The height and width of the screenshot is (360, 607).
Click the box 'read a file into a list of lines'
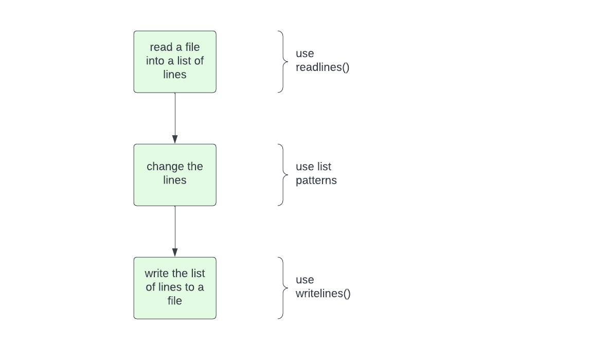(x=175, y=62)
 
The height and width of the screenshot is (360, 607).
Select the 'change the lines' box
(x=175, y=175)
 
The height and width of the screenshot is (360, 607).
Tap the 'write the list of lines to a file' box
(x=175, y=288)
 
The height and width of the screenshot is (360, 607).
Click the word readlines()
(x=323, y=67)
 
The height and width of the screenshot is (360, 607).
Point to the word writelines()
(x=323, y=294)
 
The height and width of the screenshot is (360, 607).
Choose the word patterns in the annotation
(x=316, y=181)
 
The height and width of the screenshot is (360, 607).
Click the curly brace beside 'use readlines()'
(x=282, y=62)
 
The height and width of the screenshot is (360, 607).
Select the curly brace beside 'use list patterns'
(x=282, y=175)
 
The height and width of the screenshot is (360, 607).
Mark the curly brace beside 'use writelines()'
(x=282, y=288)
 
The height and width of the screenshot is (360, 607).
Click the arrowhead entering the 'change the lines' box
(x=175, y=139)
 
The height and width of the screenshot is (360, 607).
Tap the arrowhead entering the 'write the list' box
(x=175, y=253)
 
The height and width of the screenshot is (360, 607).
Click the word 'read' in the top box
(x=162, y=47)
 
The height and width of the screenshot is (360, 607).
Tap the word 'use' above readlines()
(x=305, y=53)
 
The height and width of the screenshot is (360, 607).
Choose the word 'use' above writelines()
(x=305, y=280)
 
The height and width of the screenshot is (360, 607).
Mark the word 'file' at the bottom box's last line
(x=175, y=301)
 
